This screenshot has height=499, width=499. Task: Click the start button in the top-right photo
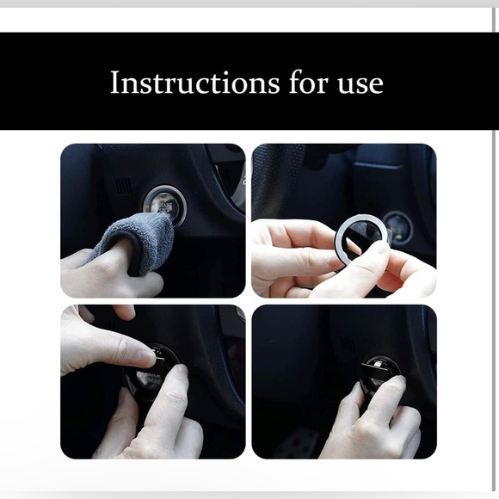(397, 227)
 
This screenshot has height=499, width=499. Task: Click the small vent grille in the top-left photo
(124, 184)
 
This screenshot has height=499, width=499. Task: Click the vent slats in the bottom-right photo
(346, 345)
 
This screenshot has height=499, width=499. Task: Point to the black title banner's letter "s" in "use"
(360, 84)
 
